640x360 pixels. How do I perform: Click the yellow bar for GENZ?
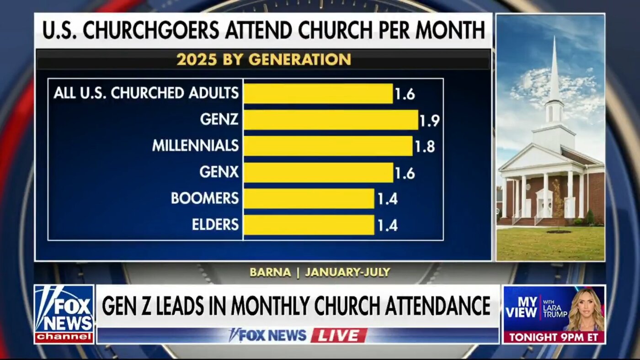(331, 120)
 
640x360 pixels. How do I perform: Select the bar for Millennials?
(328, 146)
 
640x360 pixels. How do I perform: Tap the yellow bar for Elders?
(309, 225)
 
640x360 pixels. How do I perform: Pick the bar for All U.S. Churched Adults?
(318, 93)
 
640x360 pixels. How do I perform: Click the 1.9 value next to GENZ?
(430, 120)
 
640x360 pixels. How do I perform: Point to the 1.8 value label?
(425, 146)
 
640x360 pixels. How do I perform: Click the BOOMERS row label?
(205, 198)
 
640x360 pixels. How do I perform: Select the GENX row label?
(219, 172)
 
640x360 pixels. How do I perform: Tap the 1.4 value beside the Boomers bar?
(387, 199)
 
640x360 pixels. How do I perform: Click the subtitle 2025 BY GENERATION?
(263, 59)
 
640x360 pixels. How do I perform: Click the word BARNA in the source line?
(270, 272)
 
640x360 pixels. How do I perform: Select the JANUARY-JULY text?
(347, 272)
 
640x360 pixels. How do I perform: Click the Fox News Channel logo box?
(64, 314)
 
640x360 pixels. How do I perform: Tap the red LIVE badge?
(339, 335)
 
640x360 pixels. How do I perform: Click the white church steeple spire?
(554, 69)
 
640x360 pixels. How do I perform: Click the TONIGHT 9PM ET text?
(554, 337)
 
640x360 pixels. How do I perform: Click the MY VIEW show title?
(521, 307)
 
